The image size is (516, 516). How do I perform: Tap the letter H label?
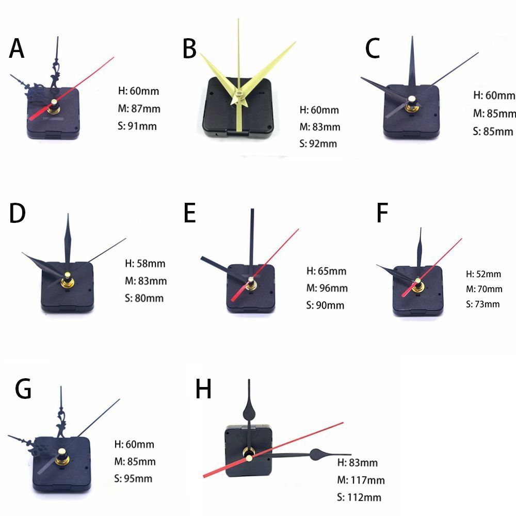point(203,390)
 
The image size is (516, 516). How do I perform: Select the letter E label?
point(190,213)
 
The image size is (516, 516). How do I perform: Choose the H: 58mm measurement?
point(145,264)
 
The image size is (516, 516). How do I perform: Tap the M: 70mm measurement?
point(483,289)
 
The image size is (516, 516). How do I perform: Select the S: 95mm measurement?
point(133,478)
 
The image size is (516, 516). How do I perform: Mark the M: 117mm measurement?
point(361,480)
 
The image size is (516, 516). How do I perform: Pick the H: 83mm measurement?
point(357,462)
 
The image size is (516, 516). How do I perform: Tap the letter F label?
point(382,213)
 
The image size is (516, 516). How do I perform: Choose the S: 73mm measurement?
point(483,304)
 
